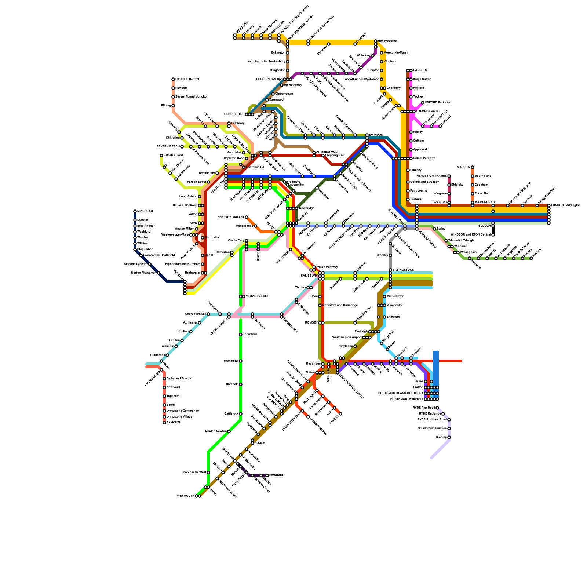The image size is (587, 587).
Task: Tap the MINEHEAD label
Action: (145, 211)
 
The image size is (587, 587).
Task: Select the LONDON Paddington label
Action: (565, 205)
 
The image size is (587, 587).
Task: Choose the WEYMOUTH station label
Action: (186, 496)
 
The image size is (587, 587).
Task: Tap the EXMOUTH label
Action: (174, 423)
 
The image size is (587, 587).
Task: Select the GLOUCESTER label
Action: (234, 114)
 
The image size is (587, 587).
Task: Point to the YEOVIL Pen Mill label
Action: (257, 296)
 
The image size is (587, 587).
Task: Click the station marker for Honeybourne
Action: (376, 41)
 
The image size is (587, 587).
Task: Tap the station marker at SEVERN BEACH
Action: (182, 147)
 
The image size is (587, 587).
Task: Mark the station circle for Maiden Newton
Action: (229, 431)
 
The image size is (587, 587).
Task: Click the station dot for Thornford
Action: (241, 335)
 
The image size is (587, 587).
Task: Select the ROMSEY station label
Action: (311, 323)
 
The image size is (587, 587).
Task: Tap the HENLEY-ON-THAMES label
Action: (432, 176)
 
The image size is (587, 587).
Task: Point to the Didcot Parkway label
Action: (424, 158)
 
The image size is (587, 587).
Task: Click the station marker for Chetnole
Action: (241, 384)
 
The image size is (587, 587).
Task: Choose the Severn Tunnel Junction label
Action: (192, 97)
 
